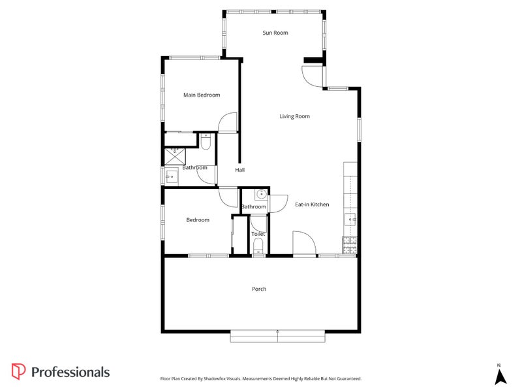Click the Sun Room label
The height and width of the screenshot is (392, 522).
(x=275, y=33)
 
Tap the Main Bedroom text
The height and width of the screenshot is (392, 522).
(x=201, y=95)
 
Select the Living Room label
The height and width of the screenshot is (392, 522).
(x=294, y=116)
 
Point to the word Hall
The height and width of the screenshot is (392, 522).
(x=239, y=170)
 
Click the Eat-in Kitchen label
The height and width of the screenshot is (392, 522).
(x=311, y=204)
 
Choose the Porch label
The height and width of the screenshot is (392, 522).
(x=259, y=289)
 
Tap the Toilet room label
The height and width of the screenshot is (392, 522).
(x=258, y=233)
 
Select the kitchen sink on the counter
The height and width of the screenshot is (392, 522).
(x=351, y=220)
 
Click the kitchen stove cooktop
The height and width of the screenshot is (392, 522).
(x=350, y=244)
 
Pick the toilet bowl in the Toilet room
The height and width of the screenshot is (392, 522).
(x=258, y=246)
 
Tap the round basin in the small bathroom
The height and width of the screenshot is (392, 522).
(x=260, y=194)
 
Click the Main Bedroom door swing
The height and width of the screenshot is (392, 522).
(x=226, y=123)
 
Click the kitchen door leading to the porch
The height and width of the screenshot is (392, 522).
(x=303, y=243)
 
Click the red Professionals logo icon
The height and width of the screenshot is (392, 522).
(x=18, y=371)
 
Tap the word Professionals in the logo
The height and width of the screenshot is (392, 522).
(x=70, y=372)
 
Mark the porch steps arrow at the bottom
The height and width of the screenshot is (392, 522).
(x=277, y=335)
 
